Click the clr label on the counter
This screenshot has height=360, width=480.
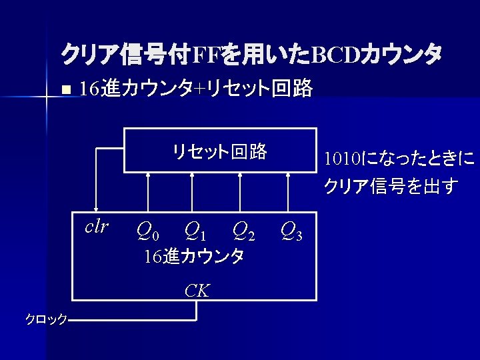click(x=97, y=226)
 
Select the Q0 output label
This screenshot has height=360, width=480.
click(x=147, y=231)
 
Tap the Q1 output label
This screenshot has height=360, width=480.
click(x=195, y=231)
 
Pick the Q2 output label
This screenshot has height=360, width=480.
click(x=243, y=231)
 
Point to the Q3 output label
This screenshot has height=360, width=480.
click(x=291, y=231)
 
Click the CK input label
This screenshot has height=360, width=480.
click(x=197, y=290)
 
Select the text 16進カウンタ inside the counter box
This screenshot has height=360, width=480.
click(x=194, y=256)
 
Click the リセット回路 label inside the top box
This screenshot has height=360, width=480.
click(x=219, y=151)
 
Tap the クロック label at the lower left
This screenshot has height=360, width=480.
click(x=46, y=319)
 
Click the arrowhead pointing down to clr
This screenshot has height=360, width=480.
click(x=96, y=208)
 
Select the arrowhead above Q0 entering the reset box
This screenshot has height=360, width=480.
click(x=148, y=177)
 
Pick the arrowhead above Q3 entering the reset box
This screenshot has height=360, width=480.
click(x=288, y=177)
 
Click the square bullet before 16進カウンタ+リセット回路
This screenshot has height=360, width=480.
click(x=64, y=89)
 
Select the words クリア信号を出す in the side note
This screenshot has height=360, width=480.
click(x=391, y=186)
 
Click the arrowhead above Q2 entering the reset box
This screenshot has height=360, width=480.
click(x=240, y=177)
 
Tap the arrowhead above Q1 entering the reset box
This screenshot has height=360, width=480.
click(x=192, y=177)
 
